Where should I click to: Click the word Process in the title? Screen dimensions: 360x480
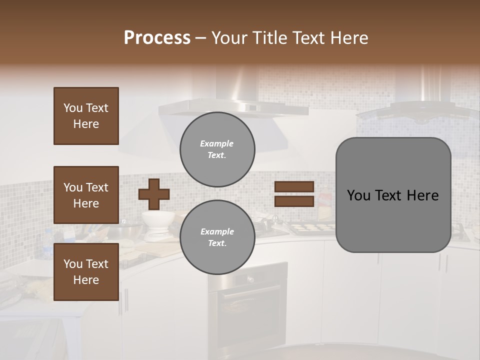point(157,38)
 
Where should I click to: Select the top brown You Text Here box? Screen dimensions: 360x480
point(86,116)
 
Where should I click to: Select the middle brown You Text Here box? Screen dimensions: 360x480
point(86,195)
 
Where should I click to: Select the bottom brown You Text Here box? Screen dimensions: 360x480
point(86,271)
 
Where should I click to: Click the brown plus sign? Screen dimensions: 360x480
point(154,194)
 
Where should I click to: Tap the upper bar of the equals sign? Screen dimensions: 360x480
point(294,187)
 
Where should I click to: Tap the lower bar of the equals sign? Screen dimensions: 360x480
point(294,201)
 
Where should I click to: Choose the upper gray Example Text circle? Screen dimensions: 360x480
point(217,149)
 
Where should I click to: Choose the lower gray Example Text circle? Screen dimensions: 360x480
point(217,237)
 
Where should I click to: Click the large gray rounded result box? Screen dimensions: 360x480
point(393,195)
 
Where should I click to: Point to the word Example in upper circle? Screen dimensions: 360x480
point(217,143)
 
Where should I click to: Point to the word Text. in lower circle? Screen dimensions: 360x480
point(217,243)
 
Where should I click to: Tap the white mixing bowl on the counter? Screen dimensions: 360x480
point(157,218)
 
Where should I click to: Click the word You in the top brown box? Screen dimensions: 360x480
point(72,108)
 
